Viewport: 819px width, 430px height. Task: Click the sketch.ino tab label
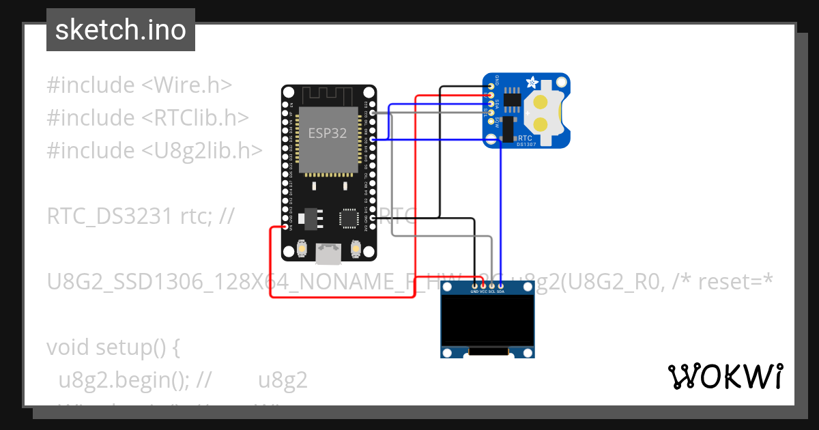click(x=120, y=30)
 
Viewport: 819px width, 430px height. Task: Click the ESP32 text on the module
click(x=328, y=133)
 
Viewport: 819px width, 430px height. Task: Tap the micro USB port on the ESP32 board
click(x=328, y=254)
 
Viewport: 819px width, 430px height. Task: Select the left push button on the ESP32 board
click(x=302, y=250)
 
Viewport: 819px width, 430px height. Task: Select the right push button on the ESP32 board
click(x=355, y=250)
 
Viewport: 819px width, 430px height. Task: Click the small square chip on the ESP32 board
click(x=349, y=218)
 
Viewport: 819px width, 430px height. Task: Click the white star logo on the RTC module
click(x=532, y=83)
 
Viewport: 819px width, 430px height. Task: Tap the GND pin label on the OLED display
click(x=475, y=291)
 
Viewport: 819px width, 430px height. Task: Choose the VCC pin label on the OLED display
click(x=484, y=291)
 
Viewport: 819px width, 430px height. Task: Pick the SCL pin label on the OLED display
click(x=492, y=291)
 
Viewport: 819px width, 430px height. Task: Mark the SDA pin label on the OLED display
click(x=501, y=291)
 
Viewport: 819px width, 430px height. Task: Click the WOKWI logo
click(x=725, y=376)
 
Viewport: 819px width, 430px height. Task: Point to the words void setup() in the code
click(x=113, y=347)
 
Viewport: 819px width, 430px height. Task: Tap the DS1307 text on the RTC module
click(x=526, y=144)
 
